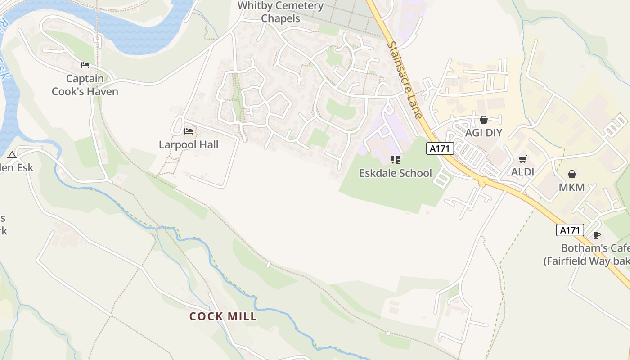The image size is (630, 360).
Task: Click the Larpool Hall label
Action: click(x=189, y=144)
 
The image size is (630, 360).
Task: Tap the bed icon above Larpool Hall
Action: click(x=189, y=131)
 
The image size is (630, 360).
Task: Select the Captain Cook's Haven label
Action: click(x=85, y=85)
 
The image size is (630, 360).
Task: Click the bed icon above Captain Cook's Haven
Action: click(x=85, y=65)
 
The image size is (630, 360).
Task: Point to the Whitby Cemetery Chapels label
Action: click(x=280, y=12)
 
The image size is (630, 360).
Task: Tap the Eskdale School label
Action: click(x=395, y=173)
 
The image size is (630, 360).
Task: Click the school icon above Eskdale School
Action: click(x=396, y=159)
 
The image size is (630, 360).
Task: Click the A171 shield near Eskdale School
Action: click(x=440, y=148)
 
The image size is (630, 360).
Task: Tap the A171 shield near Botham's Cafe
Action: click(x=570, y=230)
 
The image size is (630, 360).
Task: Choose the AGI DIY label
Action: click(x=483, y=133)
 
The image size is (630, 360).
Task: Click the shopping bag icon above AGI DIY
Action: click(x=484, y=120)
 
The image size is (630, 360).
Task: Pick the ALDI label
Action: click(x=522, y=171)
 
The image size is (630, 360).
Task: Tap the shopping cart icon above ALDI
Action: click(x=522, y=159)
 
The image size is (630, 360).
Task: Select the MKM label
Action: click(x=571, y=187)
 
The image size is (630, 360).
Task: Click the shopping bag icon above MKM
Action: click(x=571, y=174)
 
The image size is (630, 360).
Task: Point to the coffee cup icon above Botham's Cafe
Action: click(x=596, y=235)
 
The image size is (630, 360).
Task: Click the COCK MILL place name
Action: click(x=223, y=316)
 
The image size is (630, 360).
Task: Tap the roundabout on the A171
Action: click(x=482, y=182)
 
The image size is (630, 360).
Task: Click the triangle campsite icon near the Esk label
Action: click(x=12, y=155)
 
